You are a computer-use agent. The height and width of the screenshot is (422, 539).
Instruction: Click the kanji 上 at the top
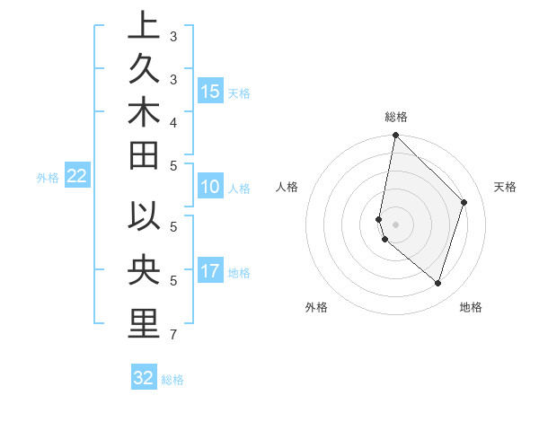click(143, 26)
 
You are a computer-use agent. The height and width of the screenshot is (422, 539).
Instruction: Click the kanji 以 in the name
click(143, 218)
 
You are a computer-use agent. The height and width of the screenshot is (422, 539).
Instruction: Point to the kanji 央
click(143, 269)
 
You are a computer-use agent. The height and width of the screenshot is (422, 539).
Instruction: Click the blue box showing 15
click(210, 92)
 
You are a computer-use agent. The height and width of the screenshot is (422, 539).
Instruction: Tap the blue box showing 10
click(210, 188)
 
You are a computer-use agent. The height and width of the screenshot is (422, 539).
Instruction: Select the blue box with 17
click(210, 271)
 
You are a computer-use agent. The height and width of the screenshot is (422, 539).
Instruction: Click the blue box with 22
click(76, 177)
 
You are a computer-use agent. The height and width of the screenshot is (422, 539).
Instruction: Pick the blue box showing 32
click(144, 378)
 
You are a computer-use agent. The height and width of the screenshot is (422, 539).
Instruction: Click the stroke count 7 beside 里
click(172, 336)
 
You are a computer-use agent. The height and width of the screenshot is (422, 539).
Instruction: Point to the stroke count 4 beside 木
click(172, 121)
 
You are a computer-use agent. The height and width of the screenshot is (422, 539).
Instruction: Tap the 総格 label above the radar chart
click(395, 117)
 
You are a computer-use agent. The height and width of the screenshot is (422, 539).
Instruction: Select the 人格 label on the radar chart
click(287, 187)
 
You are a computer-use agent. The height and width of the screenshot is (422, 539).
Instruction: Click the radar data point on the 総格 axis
click(395, 136)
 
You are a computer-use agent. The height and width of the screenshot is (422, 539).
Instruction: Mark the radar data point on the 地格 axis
click(438, 284)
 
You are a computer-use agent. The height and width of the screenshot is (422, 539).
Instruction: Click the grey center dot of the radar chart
click(395, 224)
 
